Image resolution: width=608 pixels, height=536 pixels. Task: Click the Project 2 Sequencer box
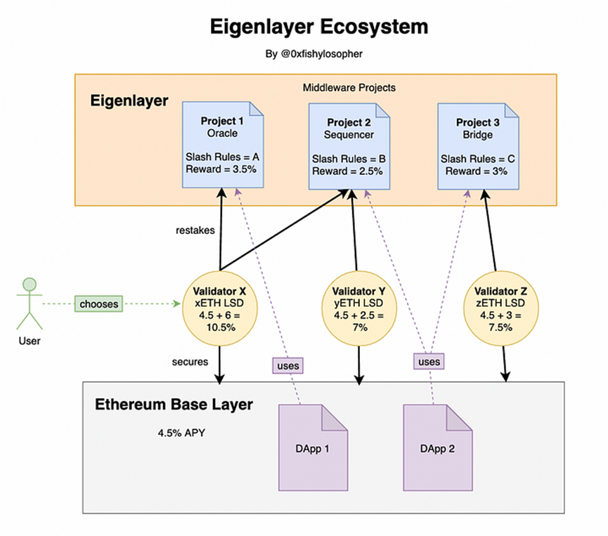pyautogui.click(x=349, y=145)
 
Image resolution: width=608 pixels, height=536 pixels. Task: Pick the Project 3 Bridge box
pyautogui.click(x=477, y=145)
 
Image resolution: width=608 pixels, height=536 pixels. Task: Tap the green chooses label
pyautogui.click(x=98, y=304)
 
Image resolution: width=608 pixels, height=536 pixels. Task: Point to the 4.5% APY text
pyautogui.click(x=181, y=432)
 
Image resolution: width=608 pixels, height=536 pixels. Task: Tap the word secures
pyautogui.click(x=190, y=362)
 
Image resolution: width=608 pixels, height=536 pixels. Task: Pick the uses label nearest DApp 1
pyautogui.click(x=288, y=365)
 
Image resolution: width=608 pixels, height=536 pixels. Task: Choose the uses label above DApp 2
pyautogui.click(x=429, y=362)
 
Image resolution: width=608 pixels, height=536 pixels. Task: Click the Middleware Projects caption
pyautogui.click(x=349, y=88)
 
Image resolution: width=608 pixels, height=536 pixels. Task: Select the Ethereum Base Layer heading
pyautogui.click(x=174, y=405)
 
